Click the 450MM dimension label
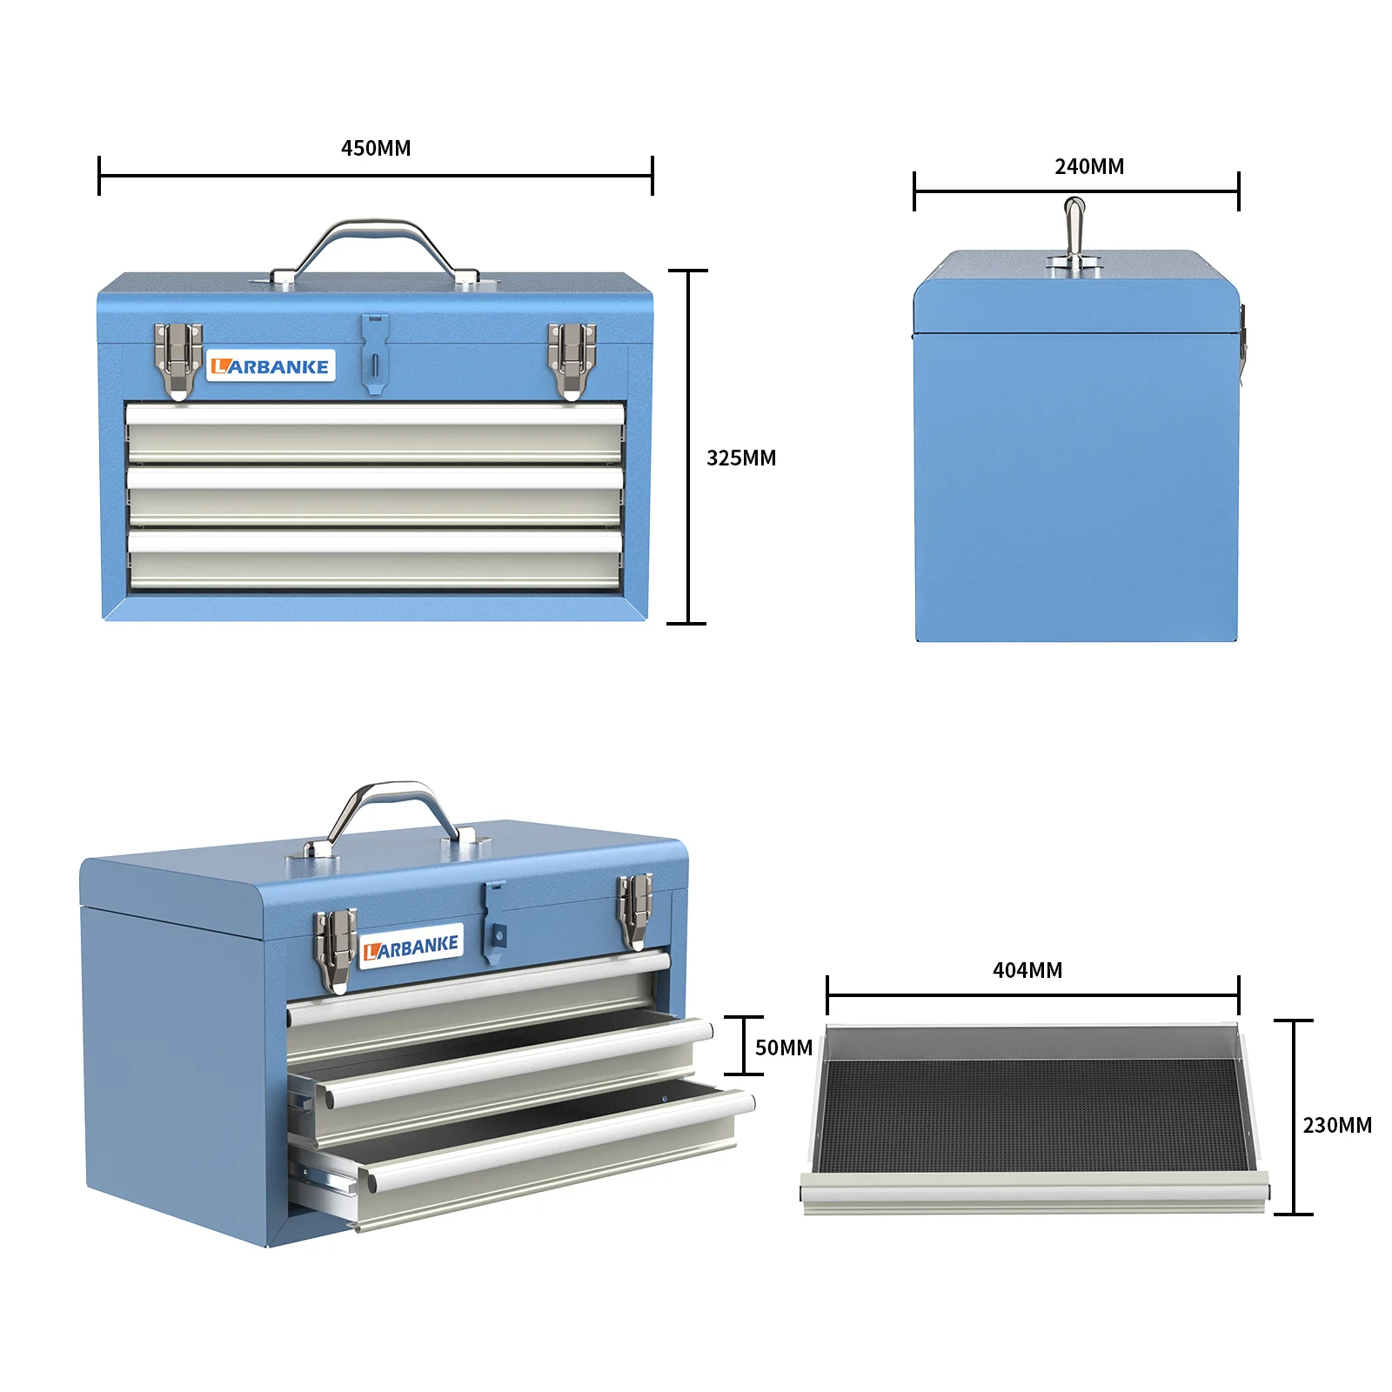coord(376,148)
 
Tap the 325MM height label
coord(740,458)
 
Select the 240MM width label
coord(1089,166)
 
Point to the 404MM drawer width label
coord(1027,970)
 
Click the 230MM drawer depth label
coord(1336,1125)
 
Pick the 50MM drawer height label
coord(783,1047)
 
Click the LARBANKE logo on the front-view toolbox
coord(271,366)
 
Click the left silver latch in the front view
coord(177,360)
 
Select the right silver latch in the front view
coord(571,360)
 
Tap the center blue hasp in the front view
coord(374,352)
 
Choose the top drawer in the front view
coord(375,432)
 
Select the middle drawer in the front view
coord(375,496)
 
